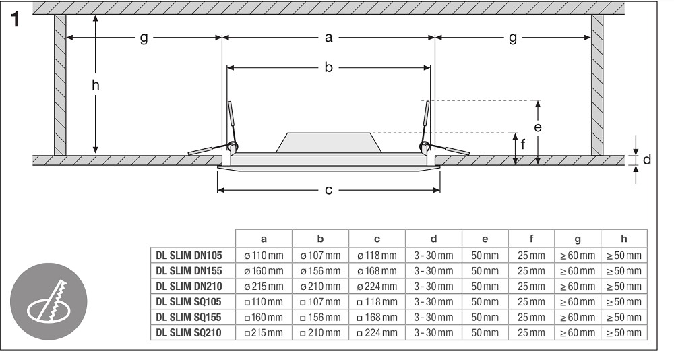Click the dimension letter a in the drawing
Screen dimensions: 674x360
[x=328, y=38]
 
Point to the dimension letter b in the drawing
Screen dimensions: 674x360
[x=328, y=67]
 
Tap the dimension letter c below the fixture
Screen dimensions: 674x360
[x=328, y=189]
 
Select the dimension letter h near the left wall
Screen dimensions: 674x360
[x=96, y=85]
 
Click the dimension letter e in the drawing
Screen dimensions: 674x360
[x=538, y=127]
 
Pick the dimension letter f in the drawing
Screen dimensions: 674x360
[x=523, y=144]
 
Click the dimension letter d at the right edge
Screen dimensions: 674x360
[x=647, y=160]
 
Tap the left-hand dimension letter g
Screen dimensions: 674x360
[x=144, y=38]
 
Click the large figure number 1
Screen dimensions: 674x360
[x=16, y=20]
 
